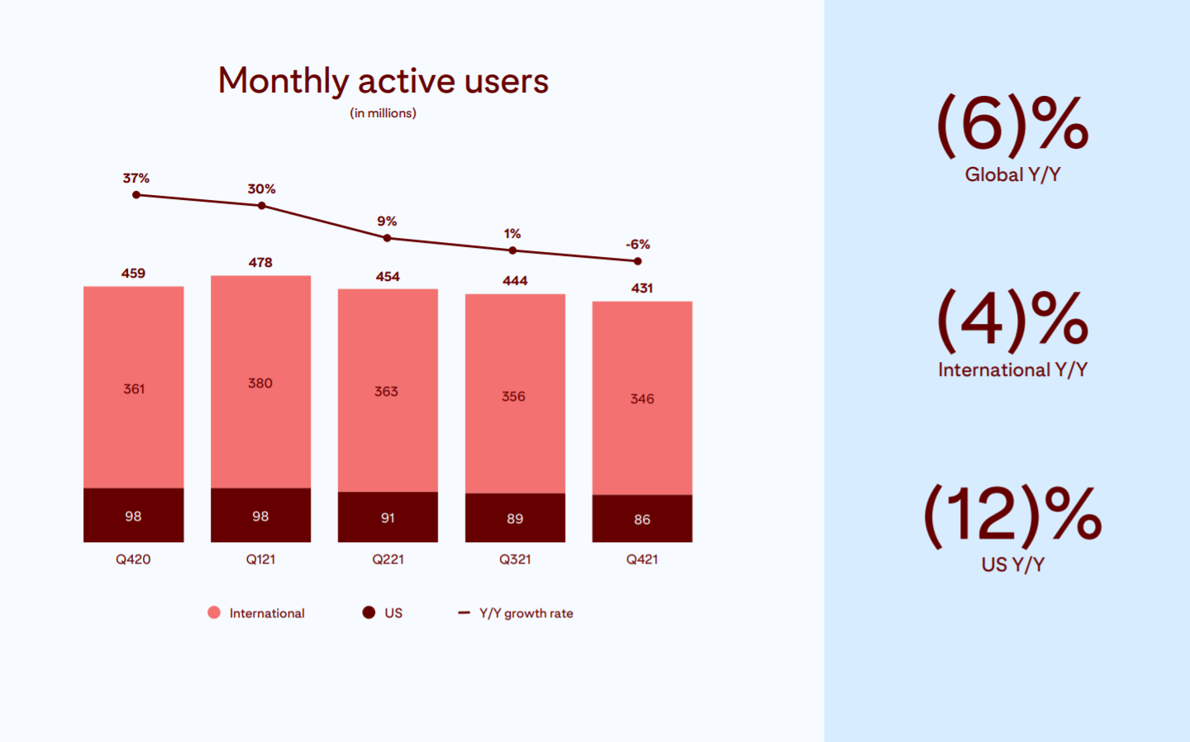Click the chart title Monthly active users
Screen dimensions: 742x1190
[x=383, y=81]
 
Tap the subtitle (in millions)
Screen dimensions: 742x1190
[x=383, y=113]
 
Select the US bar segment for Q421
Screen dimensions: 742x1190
[x=642, y=519]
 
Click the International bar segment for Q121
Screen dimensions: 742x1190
[x=260, y=382]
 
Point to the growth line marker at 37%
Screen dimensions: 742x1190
[x=136, y=195]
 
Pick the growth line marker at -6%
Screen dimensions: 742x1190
[x=637, y=261]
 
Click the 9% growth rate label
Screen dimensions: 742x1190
[x=387, y=221]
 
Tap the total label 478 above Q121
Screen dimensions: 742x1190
[x=260, y=263]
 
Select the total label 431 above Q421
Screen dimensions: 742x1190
[x=642, y=288]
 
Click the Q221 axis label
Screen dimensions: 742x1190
[x=388, y=559]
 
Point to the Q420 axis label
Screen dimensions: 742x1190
[x=133, y=559]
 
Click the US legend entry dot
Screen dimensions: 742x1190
[x=369, y=612]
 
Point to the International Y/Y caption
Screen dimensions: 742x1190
[x=1012, y=369]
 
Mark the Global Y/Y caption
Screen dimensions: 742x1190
[x=1012, y=174]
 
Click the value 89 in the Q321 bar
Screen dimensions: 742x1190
[x=515, y=519]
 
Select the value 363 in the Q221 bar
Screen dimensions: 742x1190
[x=386, y=392]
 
